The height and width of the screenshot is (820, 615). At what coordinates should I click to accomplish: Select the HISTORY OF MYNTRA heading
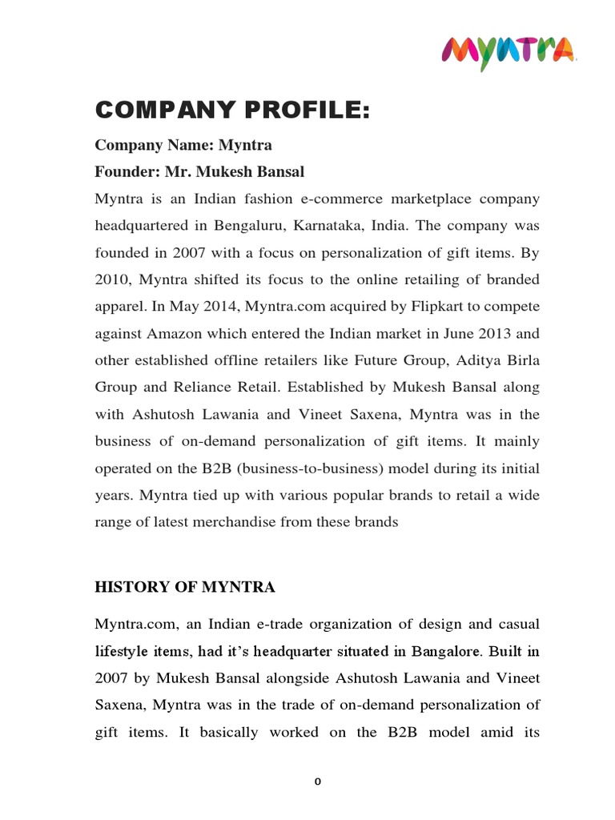pyautogui.click(x=185, y=587)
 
